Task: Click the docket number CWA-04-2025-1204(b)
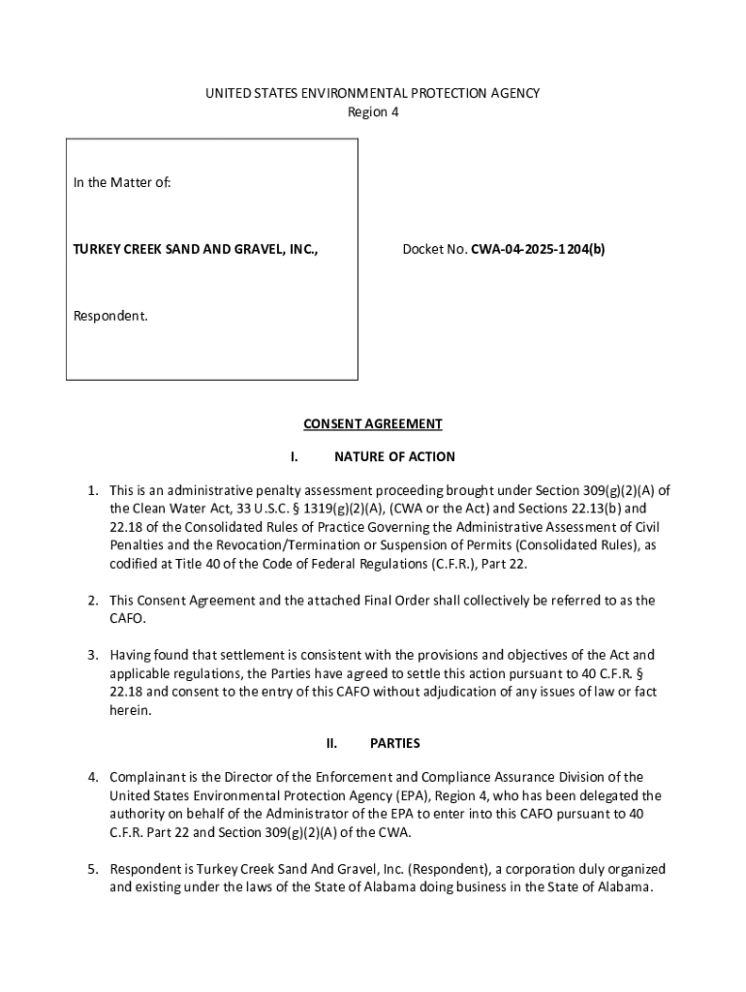tap(539, 249)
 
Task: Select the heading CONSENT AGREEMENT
tap(373, 424)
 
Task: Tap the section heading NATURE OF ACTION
tap(394, 457)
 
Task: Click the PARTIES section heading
tap(395, 744)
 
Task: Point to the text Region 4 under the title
tap(373, 112)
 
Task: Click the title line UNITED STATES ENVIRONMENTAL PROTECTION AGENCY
tap(373, 93)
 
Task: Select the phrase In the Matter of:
tap(122, 182)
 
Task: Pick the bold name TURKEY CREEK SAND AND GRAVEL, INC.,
tap(195, 249)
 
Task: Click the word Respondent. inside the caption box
tap(110, 316)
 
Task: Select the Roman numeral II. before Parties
tap(331, 744)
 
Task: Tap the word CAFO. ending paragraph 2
tap(128, 619)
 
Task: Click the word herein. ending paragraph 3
tap(131, 710)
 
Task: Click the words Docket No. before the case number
tap(435, 249)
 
